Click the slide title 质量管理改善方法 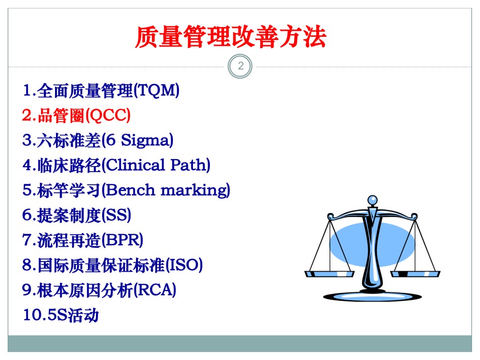[231, 37]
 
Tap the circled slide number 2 [241, 66]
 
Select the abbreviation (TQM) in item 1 [157, 90]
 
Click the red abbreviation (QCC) [108, 116]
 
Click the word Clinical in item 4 [136, 165]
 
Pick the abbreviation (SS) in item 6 [116, 215]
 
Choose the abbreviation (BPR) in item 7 [122, 240]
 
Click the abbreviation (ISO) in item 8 [184, 265]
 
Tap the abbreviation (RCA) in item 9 [155, 290]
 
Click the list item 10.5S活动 [61, 315]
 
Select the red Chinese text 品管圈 [61, 116]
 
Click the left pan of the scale [329, 274]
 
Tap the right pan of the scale [415, 274]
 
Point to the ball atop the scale [372, 200]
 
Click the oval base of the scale [372, 296]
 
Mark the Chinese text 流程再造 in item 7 [69, 240]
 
